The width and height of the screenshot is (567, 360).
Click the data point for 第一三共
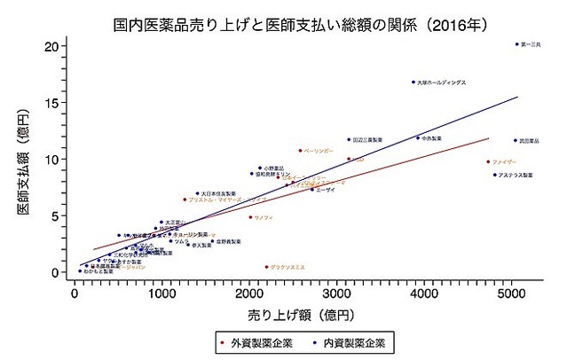tap(517, 44)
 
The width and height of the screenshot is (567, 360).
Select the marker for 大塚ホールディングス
tap(413, 82)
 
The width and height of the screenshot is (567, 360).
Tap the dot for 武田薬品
tap(515, 140)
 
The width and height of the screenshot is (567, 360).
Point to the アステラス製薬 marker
tap(495, 175)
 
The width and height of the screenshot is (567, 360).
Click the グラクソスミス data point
tap(266, 267)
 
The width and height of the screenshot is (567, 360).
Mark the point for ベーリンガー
tap(300, 151)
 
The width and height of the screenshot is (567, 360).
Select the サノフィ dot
tap(250, 217)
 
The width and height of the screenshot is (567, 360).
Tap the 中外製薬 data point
tap(418, 137)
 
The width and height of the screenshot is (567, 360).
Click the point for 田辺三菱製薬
tap(350, 139)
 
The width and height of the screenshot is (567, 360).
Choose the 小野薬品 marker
tap(260, 168)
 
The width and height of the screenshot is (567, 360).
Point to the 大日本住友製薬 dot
tap(198, 193)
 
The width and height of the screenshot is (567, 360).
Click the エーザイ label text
tap(326, 190)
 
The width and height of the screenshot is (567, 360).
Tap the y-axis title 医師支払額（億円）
tap(21, 160)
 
